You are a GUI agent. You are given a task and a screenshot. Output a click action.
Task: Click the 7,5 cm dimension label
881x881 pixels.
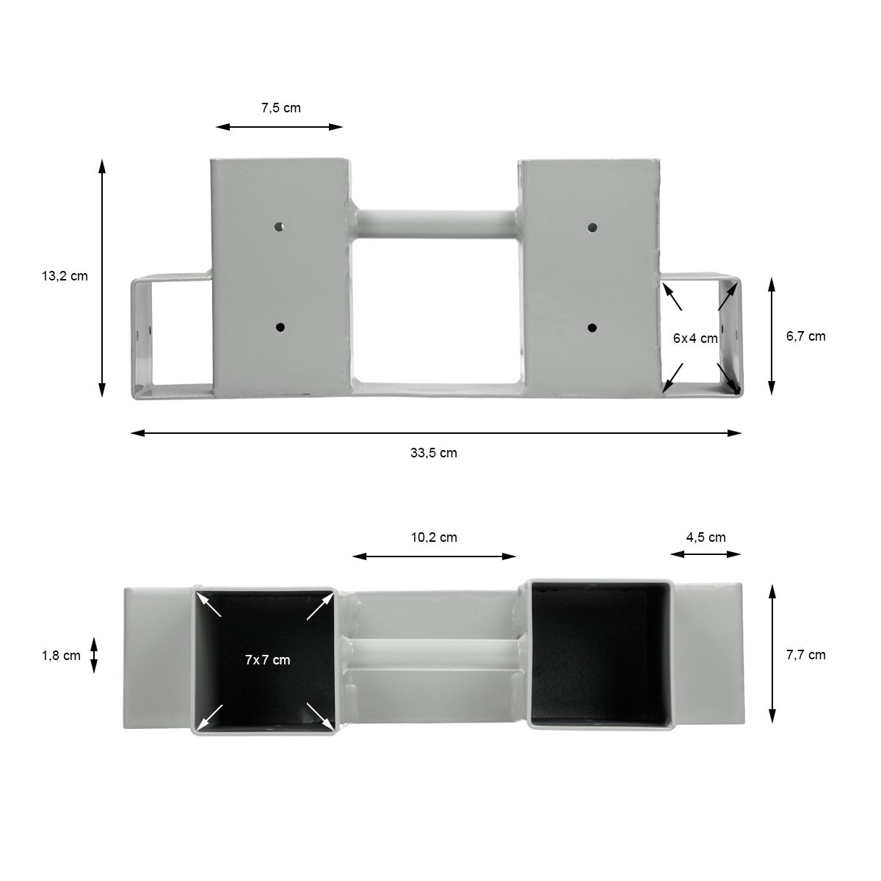(x=280, y=108)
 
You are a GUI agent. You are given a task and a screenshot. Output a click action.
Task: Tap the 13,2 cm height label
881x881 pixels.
(x=64, y=276)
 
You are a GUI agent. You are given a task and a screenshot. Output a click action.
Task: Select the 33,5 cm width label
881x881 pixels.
(x=433, y=453)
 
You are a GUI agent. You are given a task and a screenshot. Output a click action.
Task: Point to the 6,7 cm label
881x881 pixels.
(x=805, y=336)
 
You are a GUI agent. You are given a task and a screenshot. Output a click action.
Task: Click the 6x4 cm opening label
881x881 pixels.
(x=695, y=338)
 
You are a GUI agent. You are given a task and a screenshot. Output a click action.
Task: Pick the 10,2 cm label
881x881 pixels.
(x=433, y=537)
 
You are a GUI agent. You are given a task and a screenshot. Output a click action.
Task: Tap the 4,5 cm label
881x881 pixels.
(x=706, y=537)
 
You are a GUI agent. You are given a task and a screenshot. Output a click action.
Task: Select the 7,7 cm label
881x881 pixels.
(x=805, y=655)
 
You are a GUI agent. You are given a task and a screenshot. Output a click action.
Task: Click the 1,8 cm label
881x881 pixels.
(x=61, y=656)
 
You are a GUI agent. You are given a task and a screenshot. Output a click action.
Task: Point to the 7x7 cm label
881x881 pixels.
(x=267, y=660)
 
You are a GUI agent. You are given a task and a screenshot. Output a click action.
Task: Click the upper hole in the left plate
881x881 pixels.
(x=279, y=227)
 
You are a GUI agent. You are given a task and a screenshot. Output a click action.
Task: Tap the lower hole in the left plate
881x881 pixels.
(x=279, y=327)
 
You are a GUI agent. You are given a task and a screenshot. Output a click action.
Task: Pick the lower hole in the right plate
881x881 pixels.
(x=593, y=327)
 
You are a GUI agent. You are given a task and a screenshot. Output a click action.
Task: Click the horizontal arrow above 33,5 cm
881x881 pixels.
(x=435, y=433)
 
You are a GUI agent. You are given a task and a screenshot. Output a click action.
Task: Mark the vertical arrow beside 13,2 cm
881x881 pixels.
(x=102, y=277)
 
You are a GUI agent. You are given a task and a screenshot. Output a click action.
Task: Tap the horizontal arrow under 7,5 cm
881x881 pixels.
(x=280, y=127)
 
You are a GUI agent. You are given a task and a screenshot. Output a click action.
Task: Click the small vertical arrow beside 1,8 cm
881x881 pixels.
(x=94, y=655)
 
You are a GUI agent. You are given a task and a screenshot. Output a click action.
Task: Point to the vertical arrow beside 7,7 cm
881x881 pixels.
(x=772, y=653)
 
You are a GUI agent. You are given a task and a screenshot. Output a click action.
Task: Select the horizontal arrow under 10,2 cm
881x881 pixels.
(x=434, y=556)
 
